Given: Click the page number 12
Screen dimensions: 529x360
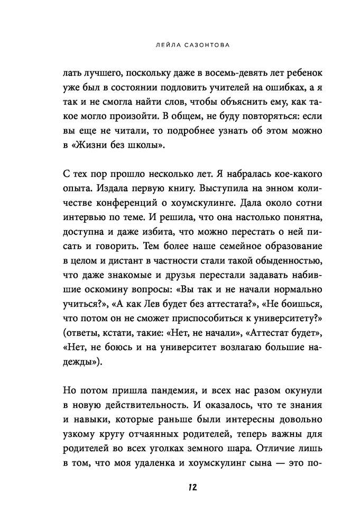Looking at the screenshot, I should (x=180, y=487).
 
